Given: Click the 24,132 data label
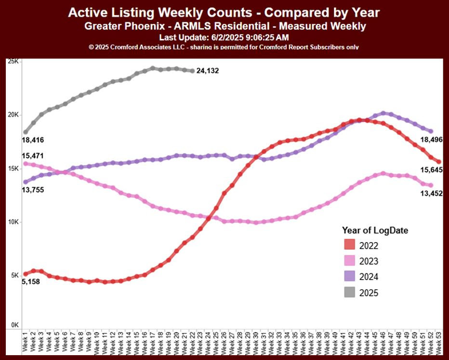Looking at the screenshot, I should click(208, 71).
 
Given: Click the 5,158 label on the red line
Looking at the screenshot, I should click(31, 282).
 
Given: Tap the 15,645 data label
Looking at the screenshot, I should click(430, 169).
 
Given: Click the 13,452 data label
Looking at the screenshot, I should click(430, 193).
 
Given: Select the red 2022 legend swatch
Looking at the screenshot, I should click(350, 245).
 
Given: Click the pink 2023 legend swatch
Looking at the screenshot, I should click(350, 261).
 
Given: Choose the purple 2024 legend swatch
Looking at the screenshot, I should click(350, 277).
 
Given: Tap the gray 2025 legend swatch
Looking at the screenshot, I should click(350, 292).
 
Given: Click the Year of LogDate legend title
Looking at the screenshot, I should click(375, 231).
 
